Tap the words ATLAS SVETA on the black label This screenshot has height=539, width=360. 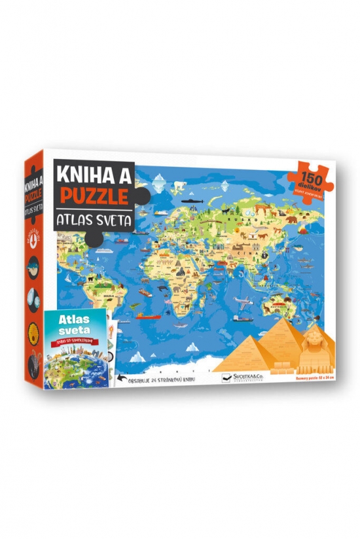coord(94,220)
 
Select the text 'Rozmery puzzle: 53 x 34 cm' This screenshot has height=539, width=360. coord(308,376)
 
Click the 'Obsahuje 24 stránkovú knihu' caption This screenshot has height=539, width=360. coord(166,378)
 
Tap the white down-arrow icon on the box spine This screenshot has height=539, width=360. coord(33,236)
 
